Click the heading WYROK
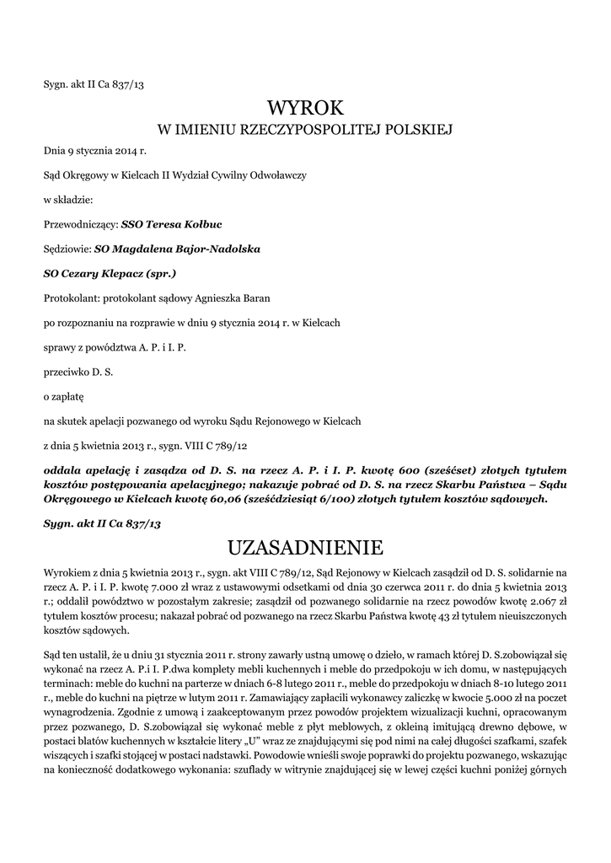click(305, 108)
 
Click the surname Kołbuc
click(199, 225)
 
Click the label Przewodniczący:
click(81, 225)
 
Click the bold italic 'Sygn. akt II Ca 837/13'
click(102, 523)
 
